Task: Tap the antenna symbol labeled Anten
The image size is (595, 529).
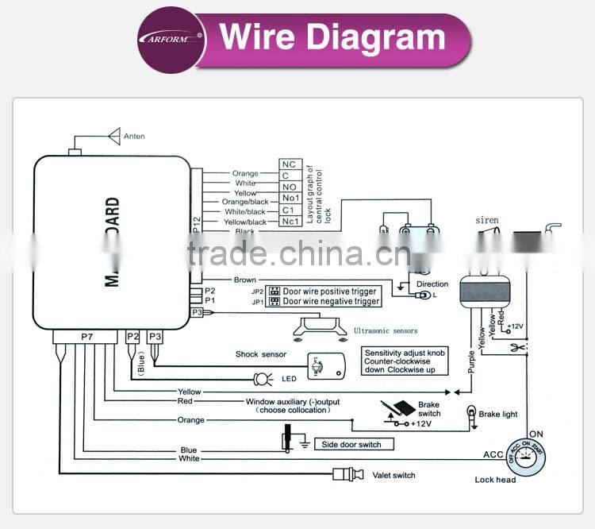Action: coord(113,136)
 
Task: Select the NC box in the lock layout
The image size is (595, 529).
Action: coord(289,164)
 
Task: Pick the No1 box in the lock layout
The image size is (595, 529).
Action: coord(289,199)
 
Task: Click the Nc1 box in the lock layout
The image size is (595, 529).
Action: coord(289,222)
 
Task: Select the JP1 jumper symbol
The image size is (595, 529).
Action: coord(274,302)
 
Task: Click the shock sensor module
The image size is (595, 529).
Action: coord(325,365)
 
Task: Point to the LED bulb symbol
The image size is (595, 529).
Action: coord(260,378)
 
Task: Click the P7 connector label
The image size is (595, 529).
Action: coord(87,338)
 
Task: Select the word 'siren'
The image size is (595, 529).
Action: coord(486,220)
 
